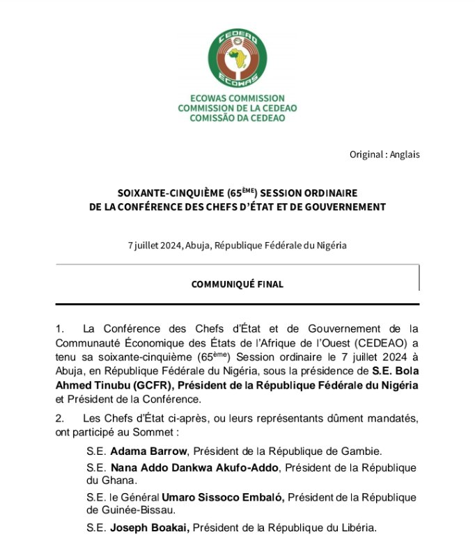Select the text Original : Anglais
coord(384,154)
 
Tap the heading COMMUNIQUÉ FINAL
coord(237,284)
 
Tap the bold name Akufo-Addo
coord(247,467)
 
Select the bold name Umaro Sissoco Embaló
coord(225,497)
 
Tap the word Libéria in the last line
coord(356,528)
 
